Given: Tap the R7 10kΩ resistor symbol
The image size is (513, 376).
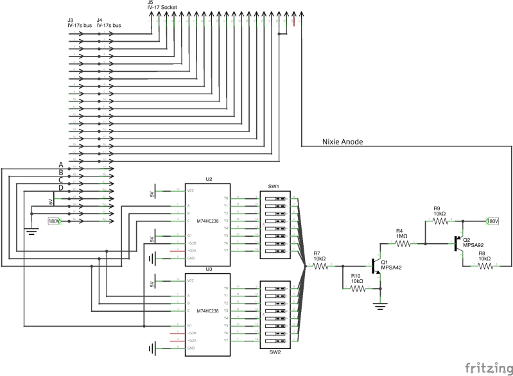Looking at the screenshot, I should (x=320, y=266).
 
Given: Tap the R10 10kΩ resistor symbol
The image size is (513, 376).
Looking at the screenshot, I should (x=358, y=289).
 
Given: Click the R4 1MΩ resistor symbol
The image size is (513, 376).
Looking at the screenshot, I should (x=401, y=243).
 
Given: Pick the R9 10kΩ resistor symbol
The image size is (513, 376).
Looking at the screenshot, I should (x=440, y=221).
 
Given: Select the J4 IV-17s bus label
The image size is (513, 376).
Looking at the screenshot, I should (x=109, y=23).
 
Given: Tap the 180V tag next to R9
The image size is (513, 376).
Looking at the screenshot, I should (x=492, y=221).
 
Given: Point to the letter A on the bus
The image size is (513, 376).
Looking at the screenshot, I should (x=61, y=165).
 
